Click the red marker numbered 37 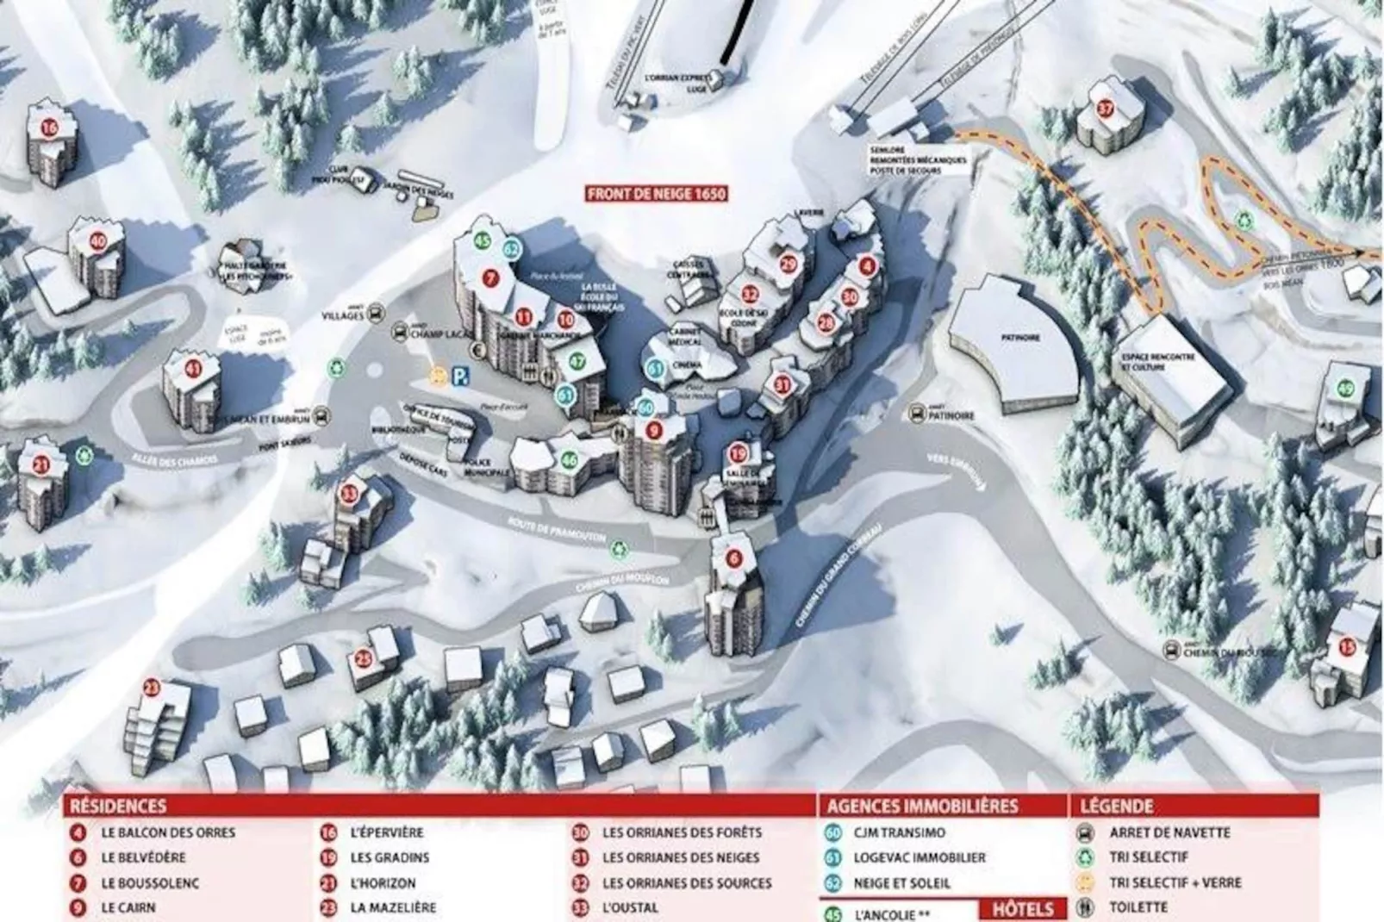[1106, 109]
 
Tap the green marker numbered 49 [1346, 389]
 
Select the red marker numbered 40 [98, 241]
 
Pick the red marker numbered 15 [1346, 646]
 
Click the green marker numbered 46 [569, 460]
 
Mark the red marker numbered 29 [788, 265]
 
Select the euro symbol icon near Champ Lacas [477, 349]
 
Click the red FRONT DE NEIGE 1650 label [656, 194]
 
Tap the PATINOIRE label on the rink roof [1021, 339]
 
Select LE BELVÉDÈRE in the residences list [143, 857]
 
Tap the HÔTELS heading [1023, 909]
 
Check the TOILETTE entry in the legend [1138, 906]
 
